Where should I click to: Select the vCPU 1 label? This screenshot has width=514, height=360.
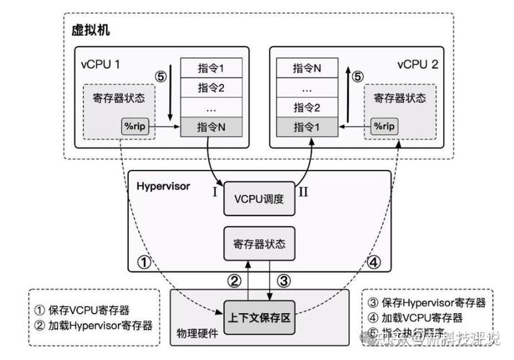point(100,64)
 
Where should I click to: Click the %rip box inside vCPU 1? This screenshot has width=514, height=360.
point(136,125)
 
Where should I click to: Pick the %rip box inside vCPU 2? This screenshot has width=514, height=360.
point(384,125)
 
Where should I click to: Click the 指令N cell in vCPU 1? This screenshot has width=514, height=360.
point(212,126)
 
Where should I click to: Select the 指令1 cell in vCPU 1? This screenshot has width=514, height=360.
point(212,68)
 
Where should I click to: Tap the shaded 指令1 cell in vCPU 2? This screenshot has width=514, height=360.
point(307,126)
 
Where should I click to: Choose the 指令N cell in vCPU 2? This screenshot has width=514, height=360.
point(307,68)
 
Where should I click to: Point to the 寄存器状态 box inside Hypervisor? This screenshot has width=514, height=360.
point(258,242)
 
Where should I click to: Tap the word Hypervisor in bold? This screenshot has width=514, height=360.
point(163,186)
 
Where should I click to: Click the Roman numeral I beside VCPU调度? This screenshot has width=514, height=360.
point(214,192)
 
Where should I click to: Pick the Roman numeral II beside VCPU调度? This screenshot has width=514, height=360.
point(304,192)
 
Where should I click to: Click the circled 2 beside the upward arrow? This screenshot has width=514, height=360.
point(233,281)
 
